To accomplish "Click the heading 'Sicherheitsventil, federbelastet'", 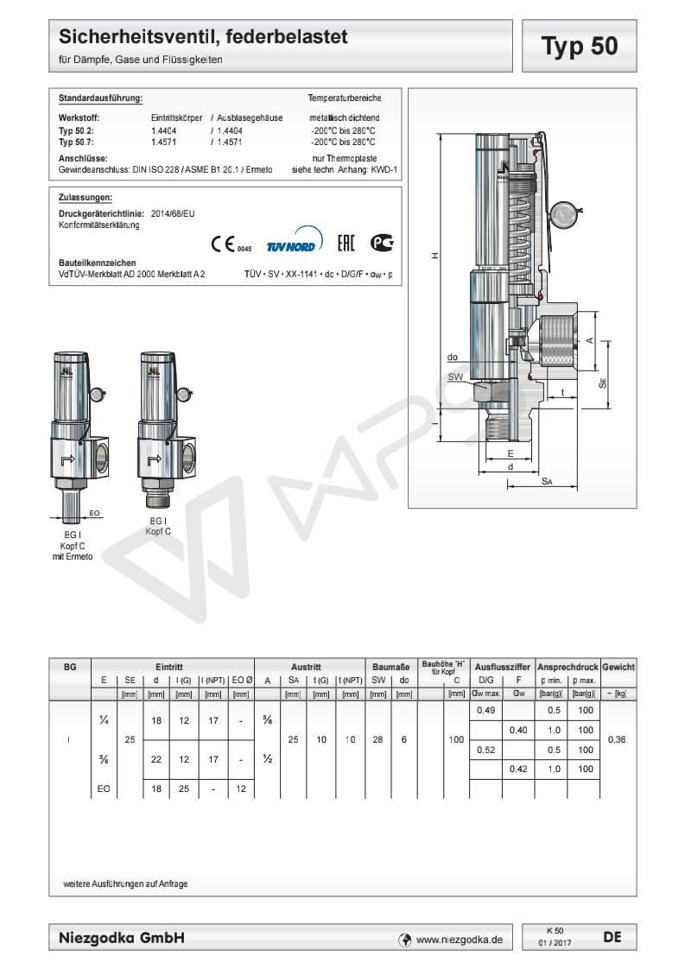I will coord(203,38).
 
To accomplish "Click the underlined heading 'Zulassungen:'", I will coord(80,198).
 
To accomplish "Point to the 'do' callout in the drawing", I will coord(452,357).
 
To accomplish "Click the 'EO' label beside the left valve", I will coord(95,514).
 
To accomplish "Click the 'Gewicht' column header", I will coord(618,667).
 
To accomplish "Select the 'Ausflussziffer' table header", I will coord(502,667).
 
